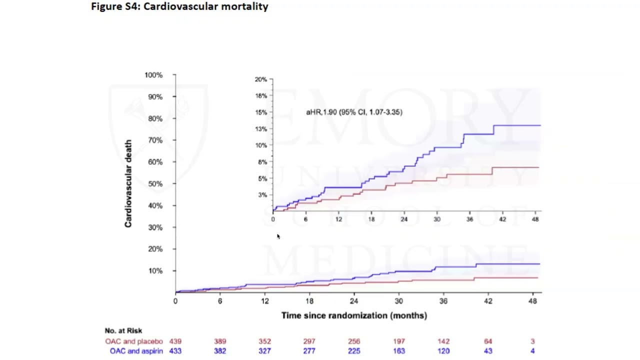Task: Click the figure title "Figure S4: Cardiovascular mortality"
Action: [179, 6]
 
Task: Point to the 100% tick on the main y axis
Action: [153, 75]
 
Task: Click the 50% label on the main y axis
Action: [155, 183]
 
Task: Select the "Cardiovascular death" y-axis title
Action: [128, 183]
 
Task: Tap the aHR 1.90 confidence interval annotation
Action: [354, 112]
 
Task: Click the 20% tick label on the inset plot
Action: [260, 79]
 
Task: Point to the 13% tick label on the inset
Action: [261, 128]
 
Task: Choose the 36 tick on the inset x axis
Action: [469, 219]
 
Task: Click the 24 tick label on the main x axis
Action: [354, 301]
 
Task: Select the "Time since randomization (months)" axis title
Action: [354, 315]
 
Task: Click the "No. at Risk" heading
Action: [123, 330]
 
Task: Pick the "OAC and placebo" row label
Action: [133, 341]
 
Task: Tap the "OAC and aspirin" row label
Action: [136, 351]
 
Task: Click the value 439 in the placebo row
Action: [175, 341]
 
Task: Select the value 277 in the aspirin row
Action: [309, 351]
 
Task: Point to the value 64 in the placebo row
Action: [488, 341]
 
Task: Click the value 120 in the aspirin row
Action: [443, 351]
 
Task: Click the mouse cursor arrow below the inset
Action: [278, 236]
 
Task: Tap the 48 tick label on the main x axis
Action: [532, 301]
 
